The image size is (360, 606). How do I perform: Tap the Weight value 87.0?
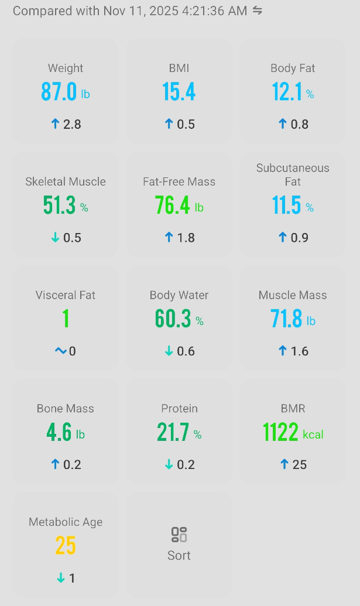click(59, 92)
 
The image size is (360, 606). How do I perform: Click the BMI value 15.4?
click(179, 92)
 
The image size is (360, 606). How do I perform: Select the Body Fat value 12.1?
click(286, 92)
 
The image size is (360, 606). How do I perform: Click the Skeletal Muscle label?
click(66, 182)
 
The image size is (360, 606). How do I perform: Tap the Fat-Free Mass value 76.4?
click(172, 206)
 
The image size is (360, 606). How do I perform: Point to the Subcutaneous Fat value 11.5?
click(286, 206)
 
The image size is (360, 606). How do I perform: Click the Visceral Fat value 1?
click(66, 319)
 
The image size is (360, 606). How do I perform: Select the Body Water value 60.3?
click(173, 319)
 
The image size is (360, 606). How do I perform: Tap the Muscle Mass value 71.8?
click(286, 319)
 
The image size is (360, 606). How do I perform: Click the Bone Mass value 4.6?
click(59, 433)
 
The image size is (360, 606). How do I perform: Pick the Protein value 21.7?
click(173, 433)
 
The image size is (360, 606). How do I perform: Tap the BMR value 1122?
click(280, 433)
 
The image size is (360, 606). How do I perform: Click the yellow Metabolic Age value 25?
click(66, 546)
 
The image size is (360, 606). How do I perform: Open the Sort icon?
click(179, 535)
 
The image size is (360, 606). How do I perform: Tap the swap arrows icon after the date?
click(258, 11)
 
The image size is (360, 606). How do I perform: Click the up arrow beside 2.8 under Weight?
click(56, 124)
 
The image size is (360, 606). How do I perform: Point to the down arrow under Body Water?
click(169, 351)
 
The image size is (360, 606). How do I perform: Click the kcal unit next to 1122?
click(313, 434)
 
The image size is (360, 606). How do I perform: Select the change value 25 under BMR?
click(300, 464)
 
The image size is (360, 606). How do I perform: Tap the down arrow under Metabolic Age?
click(61, 578)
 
